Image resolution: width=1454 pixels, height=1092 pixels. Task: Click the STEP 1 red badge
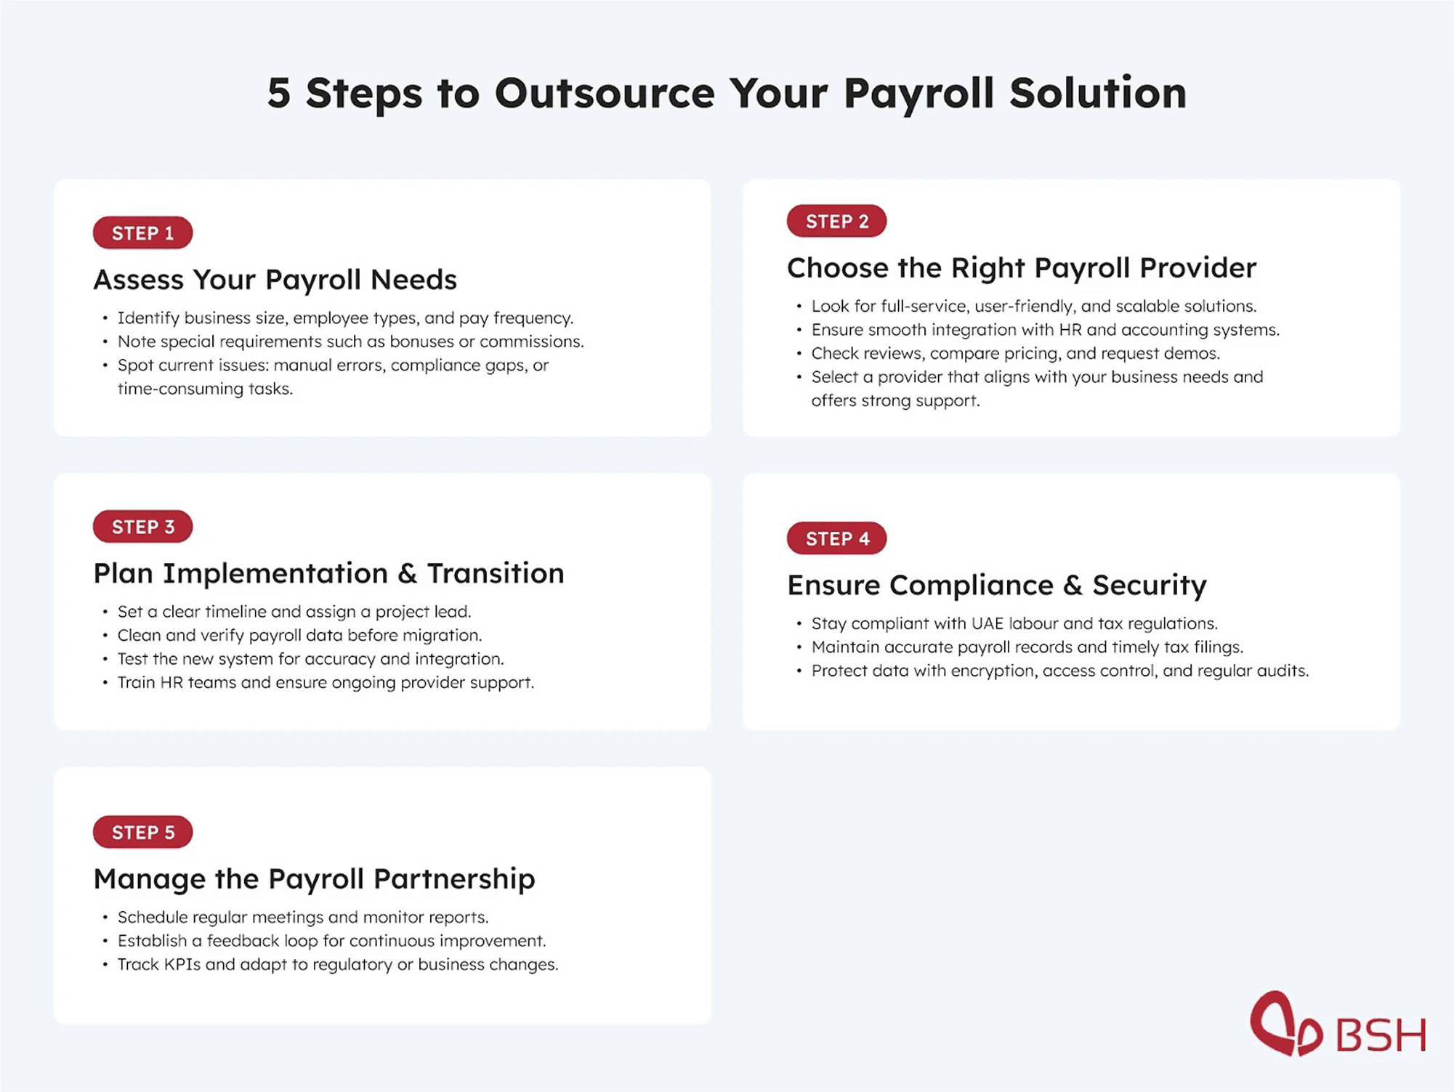point(142,232)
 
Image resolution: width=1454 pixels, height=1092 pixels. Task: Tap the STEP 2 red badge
point(836,221)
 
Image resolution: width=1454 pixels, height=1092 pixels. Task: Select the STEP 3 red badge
point(142,527)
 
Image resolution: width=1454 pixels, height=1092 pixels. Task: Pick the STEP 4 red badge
point(836,538)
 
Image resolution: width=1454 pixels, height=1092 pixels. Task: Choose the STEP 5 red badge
point(142,832)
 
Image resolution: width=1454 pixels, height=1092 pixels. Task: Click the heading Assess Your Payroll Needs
point(275,280)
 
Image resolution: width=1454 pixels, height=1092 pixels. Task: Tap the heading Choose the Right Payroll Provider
point(1021,268)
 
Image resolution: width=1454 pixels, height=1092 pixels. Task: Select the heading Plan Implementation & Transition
point(328,573)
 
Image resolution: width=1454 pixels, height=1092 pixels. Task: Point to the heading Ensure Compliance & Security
point(996,585)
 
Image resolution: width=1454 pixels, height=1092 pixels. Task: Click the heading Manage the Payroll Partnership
point(314,879)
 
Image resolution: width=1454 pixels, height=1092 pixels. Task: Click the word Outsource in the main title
point(605,94)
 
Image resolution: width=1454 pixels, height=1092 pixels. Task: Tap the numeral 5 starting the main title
point(278,94)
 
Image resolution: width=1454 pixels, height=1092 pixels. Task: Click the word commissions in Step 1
point(530,341)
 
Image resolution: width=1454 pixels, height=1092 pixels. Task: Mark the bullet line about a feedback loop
point(331,941)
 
